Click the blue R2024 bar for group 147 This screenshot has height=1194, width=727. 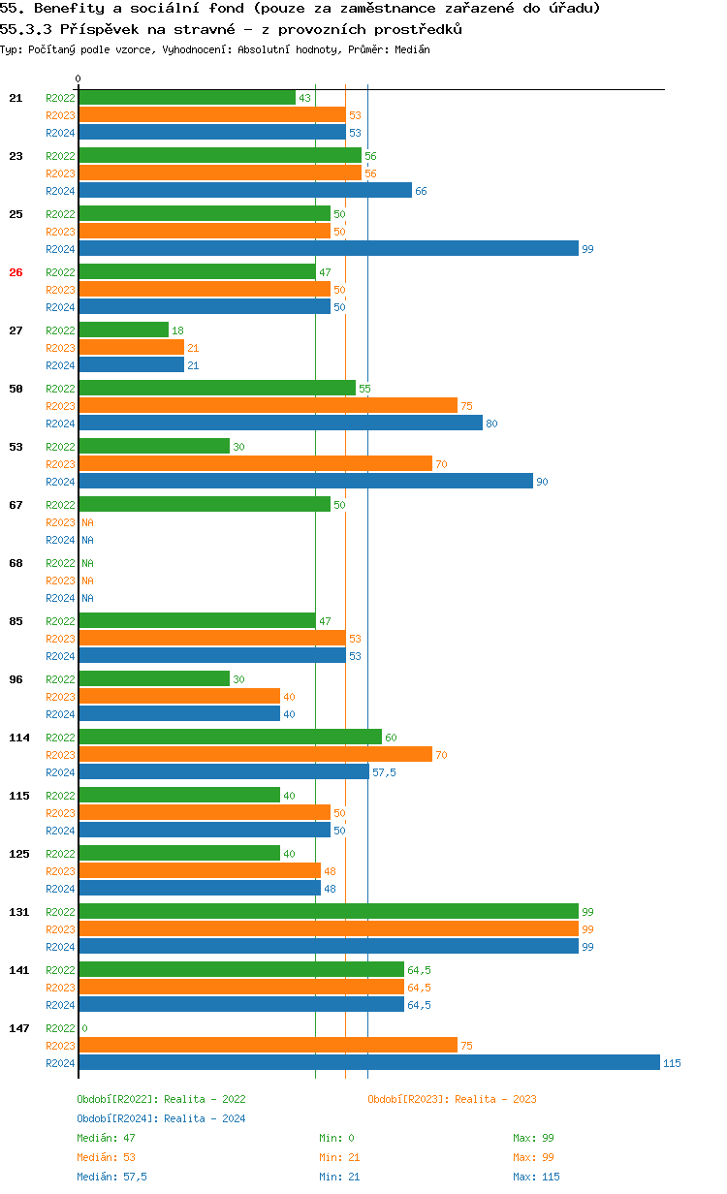coord(368,1063)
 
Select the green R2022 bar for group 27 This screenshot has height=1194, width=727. coord(123,330)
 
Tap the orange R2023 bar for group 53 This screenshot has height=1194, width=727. coord(255,464)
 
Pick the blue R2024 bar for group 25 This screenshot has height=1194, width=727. coord(328,249)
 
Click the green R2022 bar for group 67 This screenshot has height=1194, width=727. coord(204,505)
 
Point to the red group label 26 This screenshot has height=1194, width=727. coord(16,272)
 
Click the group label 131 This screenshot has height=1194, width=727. coord(19,912)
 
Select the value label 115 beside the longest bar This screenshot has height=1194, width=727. coord(672,1063)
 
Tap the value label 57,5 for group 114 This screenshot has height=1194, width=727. coord(384,772)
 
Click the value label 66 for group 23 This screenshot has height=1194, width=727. coord(421,191)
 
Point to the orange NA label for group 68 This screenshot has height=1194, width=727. coord(87,581)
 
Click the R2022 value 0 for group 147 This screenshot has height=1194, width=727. coord(84,1028)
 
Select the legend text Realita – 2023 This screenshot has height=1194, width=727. coord(495,1099)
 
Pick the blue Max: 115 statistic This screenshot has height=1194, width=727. coord(536,1177)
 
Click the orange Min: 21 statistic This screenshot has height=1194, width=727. coord(338,1157)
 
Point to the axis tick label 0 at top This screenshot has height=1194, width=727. coord(79,79)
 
